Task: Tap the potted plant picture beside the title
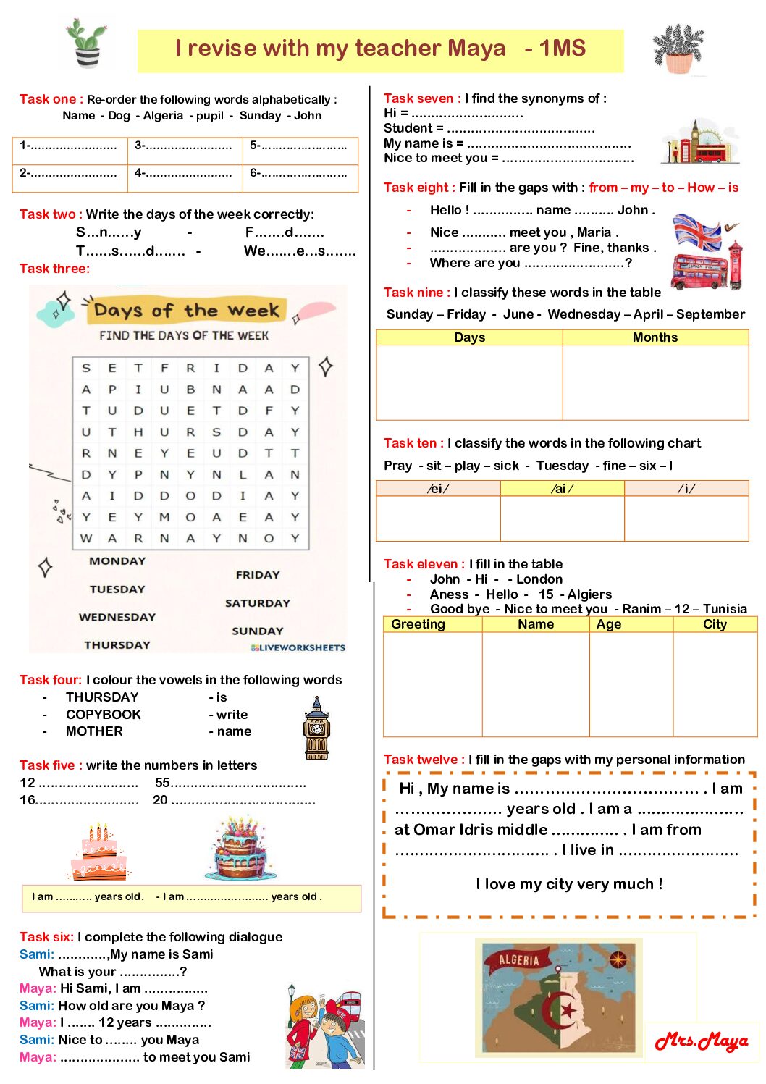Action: coord(678,49)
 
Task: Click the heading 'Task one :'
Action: coord(51,99)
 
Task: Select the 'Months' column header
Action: coord(655,337)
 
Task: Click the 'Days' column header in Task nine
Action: coord(469,337)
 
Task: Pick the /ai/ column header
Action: coord(562,489)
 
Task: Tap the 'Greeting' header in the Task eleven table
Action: coord(418,624)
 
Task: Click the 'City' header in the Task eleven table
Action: coord(715,624)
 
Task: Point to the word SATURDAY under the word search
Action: coord(257,603)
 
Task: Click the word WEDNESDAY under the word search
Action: coord(117,617)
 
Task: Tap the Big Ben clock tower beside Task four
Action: coord(316,729)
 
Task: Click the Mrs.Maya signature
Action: coord(701,1041)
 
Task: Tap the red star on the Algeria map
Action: coord(569,1008)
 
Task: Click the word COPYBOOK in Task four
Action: coord(104,715)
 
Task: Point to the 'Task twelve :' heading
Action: coord(424,760)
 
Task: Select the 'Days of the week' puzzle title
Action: coord(187,311)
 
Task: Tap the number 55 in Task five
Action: coord(162,783)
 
